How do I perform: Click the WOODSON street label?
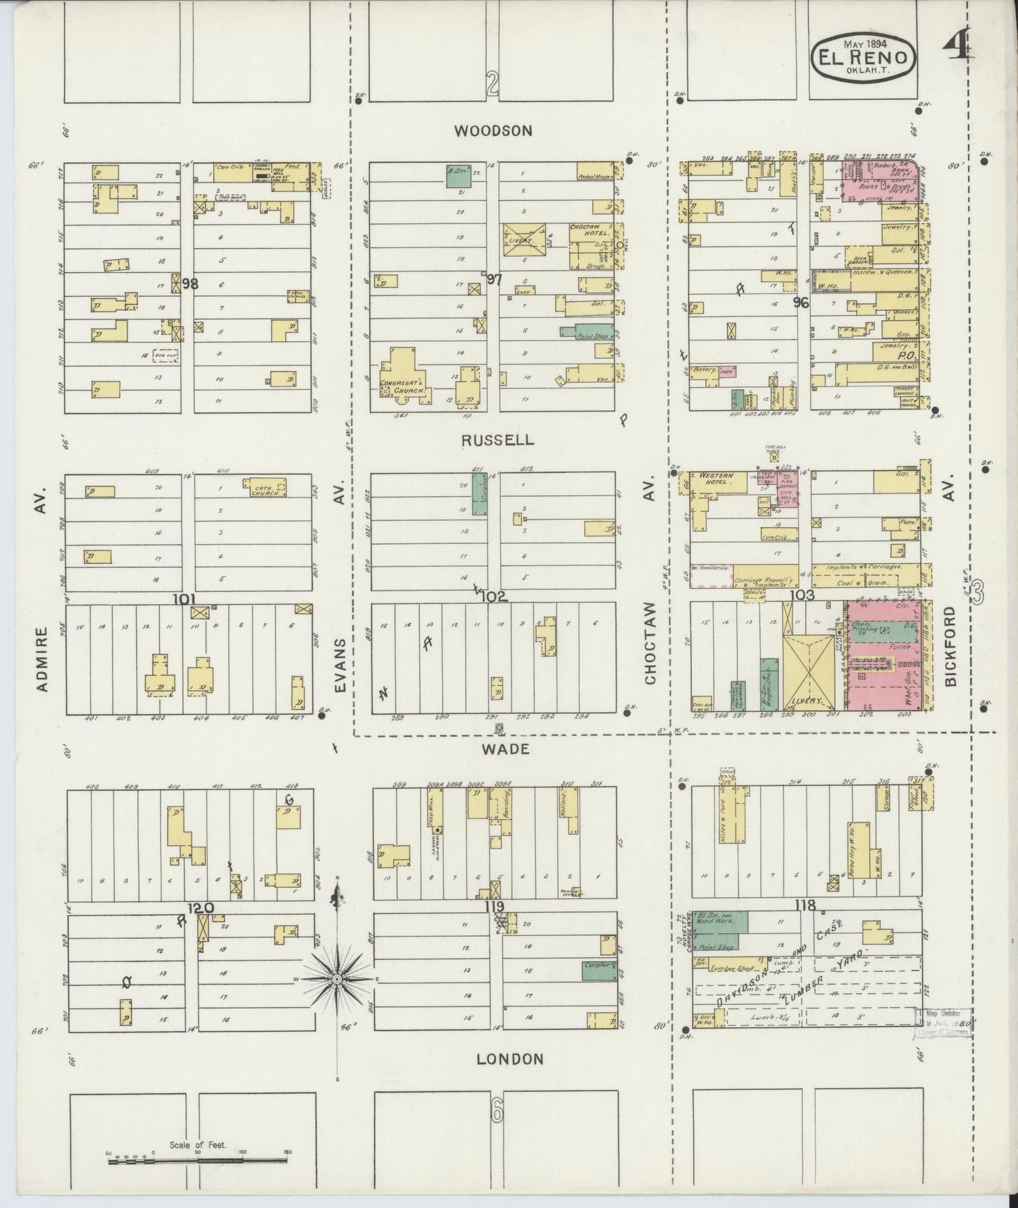click(x=492, y=130)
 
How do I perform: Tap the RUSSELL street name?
click(x=497, y=440)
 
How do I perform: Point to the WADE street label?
click(x=505, y=749)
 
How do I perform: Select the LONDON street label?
click(x=509, y=1059)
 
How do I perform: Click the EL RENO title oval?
click(x=866, y=58)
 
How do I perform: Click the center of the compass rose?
click(x=337, y=980)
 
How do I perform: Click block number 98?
click(x=190, y=283)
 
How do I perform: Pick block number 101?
click(x=184, y=599)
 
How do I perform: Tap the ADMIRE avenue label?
click(x=43, y=659)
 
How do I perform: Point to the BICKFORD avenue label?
click(x=951, y=646)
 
